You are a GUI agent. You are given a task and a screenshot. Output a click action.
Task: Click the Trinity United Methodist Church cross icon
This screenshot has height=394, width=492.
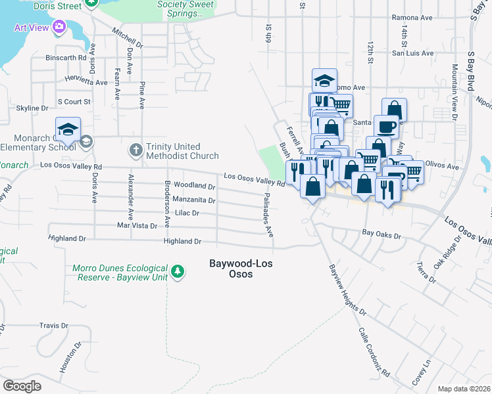[x=136, y=150]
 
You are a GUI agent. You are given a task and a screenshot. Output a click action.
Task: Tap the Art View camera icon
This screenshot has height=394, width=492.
[x=60, y=27]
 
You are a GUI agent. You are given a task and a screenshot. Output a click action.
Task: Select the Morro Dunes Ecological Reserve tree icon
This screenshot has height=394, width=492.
[x=176, y=271]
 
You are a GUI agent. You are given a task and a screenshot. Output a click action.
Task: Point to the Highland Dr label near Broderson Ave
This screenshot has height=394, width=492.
[x=182, y=242]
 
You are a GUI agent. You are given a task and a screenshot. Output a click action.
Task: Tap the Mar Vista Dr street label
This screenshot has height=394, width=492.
[x=137, y=225]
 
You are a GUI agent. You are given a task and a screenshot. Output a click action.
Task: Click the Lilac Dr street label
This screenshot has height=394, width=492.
[x=187, y=213]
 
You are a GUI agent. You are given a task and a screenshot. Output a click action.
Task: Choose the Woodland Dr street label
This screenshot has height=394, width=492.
[x=195, y=186]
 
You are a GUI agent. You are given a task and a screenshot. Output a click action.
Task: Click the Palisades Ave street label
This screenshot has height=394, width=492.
[x=268, y=215]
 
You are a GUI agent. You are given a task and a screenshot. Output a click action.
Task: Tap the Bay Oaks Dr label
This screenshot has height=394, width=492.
[x=382, y=232]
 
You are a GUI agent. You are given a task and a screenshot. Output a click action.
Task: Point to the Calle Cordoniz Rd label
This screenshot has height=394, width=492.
[x=374, y=354]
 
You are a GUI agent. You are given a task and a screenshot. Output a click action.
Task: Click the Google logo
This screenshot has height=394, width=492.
[x=22, y=386]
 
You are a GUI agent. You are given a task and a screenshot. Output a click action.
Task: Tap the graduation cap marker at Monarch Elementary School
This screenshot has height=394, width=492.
[x=68, y=130]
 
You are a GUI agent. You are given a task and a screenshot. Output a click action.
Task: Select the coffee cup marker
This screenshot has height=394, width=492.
[x=386, y=126]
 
